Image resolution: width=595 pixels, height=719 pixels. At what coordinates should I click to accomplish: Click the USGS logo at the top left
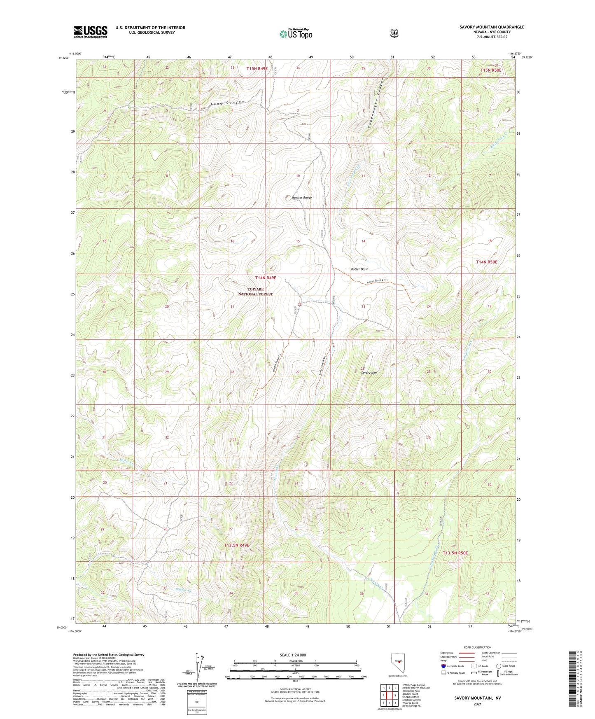[91, 32]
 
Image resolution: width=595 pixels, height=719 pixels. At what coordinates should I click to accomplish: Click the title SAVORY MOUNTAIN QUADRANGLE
[492, 27]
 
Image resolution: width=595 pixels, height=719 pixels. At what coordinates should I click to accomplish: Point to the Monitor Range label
[301, 198]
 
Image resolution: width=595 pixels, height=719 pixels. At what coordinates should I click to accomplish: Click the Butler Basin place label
[359, 269]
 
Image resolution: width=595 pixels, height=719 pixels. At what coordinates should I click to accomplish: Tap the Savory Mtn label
[369, 373]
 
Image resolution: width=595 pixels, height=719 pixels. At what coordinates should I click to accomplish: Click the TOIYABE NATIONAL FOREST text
[255, 292]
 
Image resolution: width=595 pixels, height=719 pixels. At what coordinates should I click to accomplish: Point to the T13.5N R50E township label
[455, 553]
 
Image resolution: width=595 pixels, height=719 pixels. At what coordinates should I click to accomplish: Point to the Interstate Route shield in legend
[443, 666]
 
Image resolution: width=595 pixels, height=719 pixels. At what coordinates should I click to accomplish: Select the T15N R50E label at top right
[491, 70]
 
